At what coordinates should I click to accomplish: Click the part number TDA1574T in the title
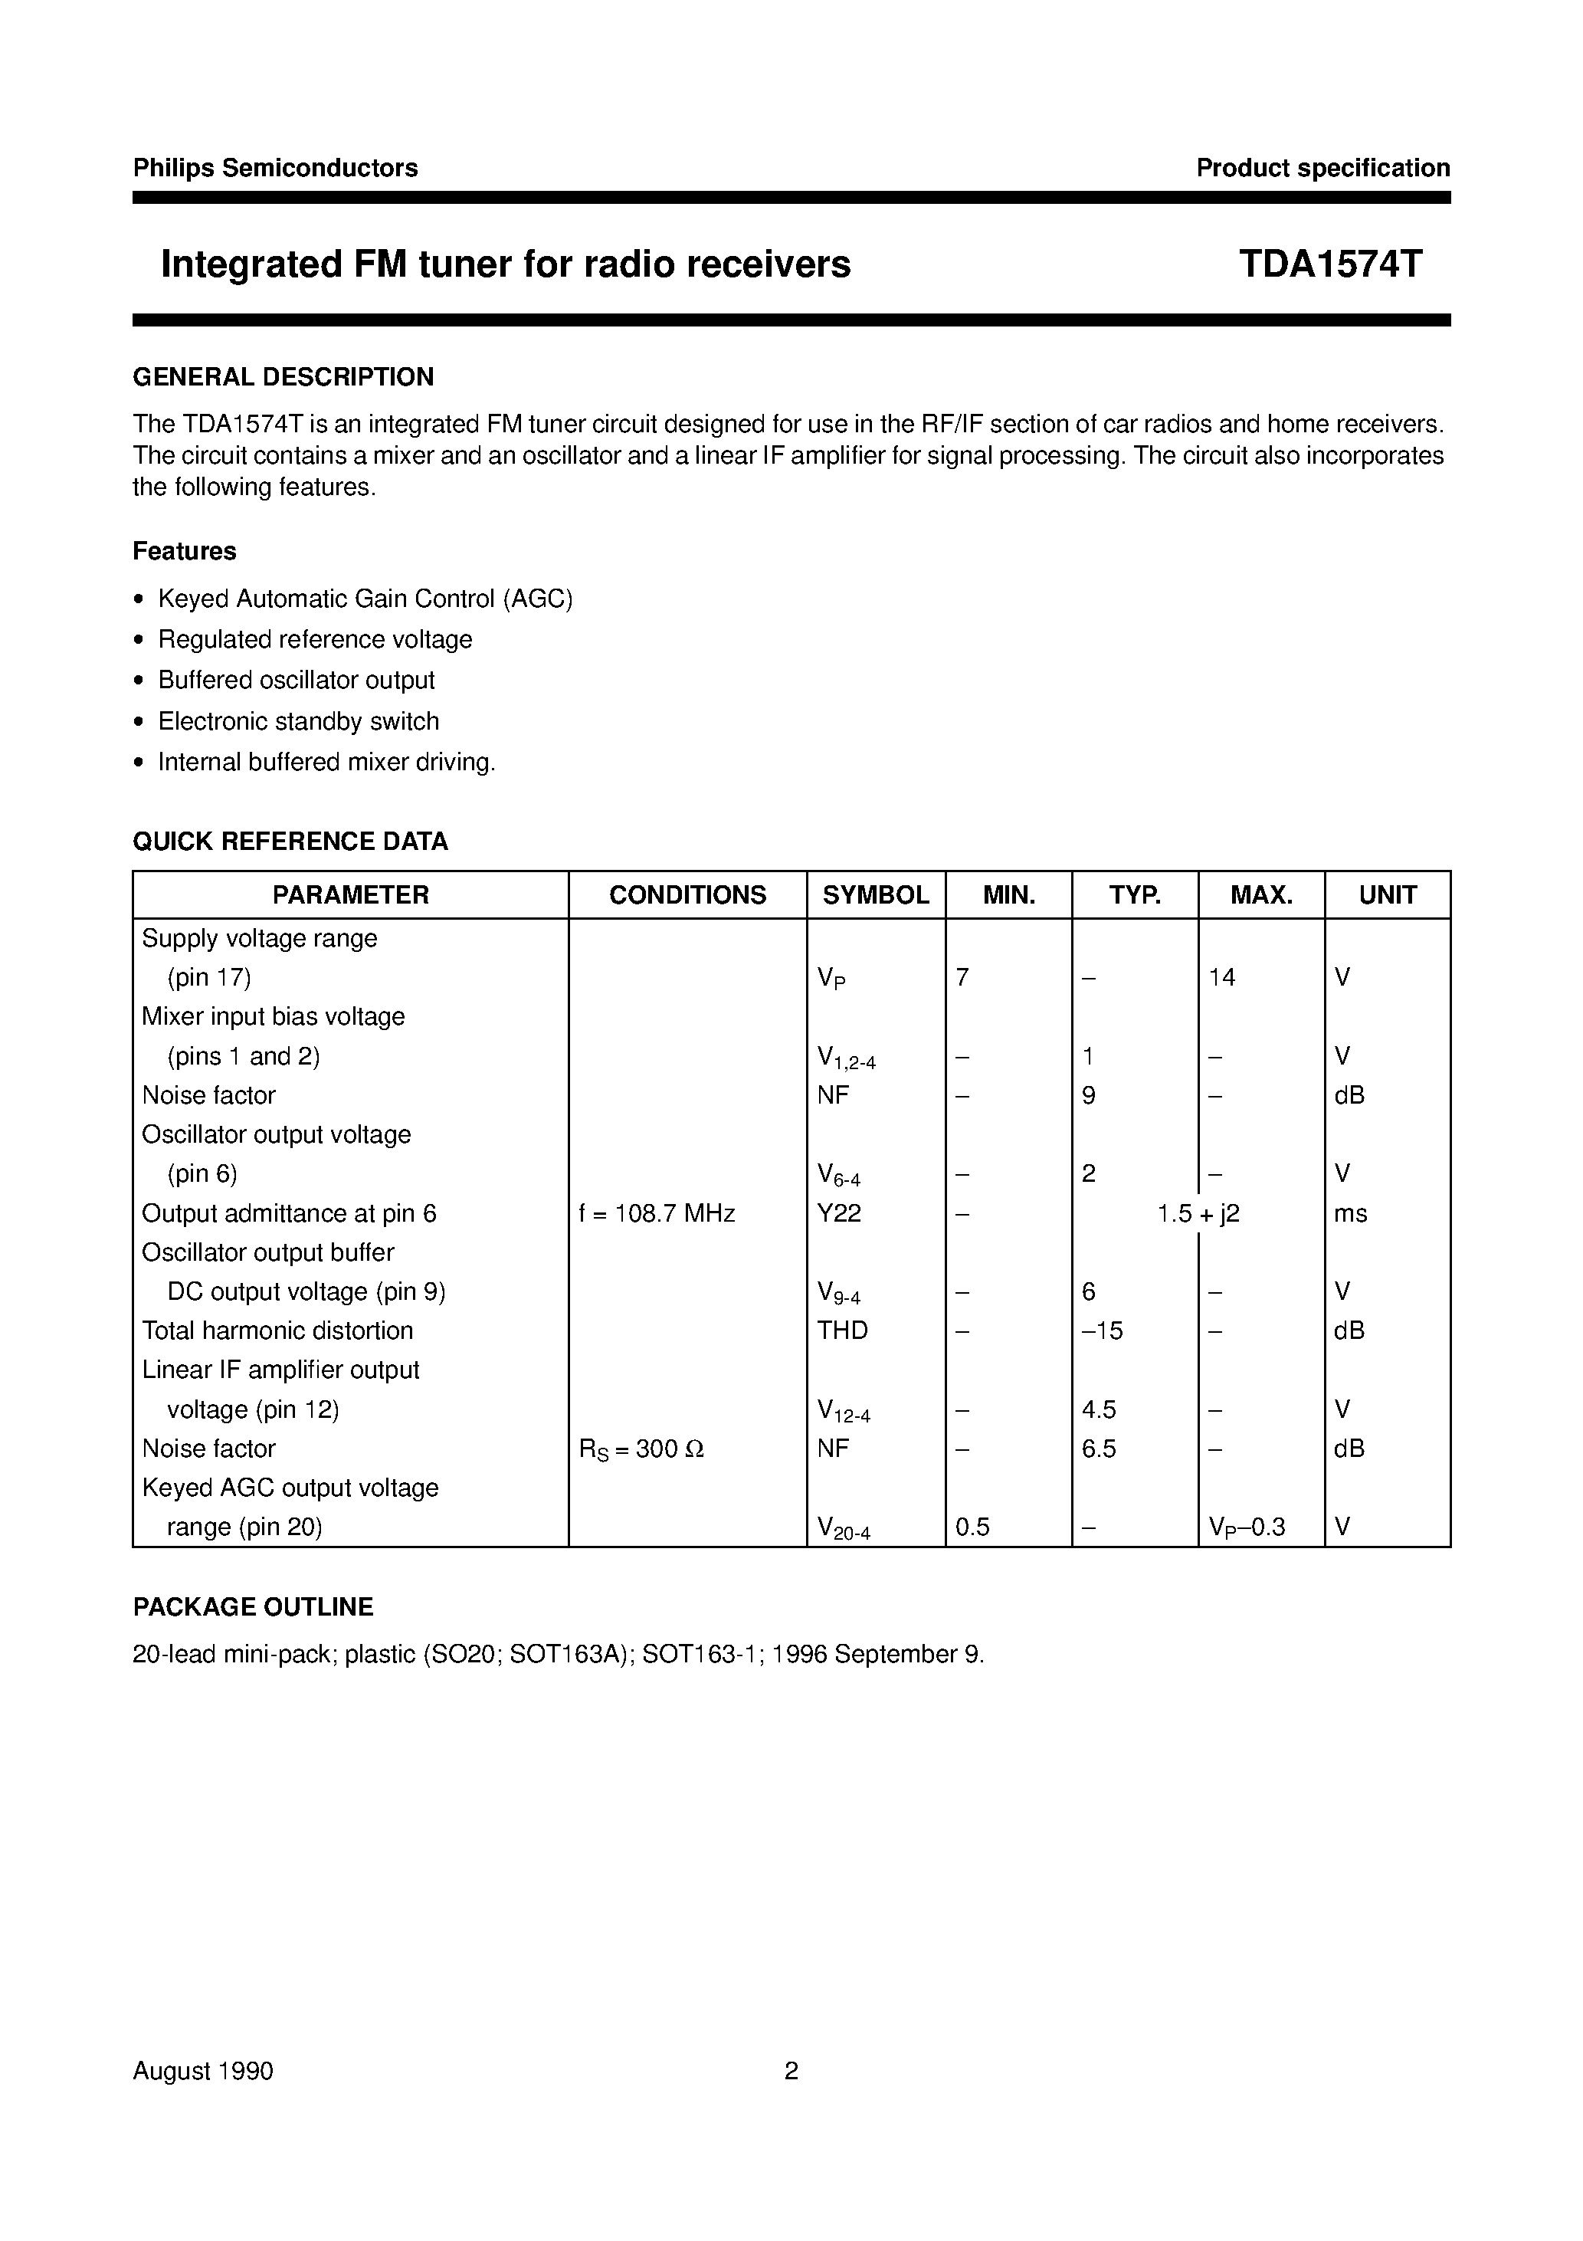tap(1330, 264)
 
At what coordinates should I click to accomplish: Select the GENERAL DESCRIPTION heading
tap(283, 377)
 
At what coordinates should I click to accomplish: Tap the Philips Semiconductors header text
tap(275, 168)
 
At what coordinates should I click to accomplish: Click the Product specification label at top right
tap(1322, 168)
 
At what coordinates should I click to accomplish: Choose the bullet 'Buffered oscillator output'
tap(296, 681)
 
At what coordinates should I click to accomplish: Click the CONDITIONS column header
tap(687, 895)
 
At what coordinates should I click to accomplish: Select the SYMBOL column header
tap(876, 895)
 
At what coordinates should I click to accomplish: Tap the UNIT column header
tap(1387, 895)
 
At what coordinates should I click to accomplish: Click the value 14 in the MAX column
tap(1222, 977)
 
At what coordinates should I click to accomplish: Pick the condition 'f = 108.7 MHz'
tap(657, 1213)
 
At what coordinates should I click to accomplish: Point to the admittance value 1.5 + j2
tap(1198, 1213)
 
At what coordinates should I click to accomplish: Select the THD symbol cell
tap(842, 1330)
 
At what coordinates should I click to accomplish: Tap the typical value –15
tap(1103, 1330)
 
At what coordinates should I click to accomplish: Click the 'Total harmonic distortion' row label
tap(277, 1330)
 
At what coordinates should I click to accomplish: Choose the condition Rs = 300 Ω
tap(641, 1449)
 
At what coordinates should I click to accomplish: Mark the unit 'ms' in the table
tap(1351, 1213)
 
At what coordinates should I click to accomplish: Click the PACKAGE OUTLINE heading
tap(253, 1606)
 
